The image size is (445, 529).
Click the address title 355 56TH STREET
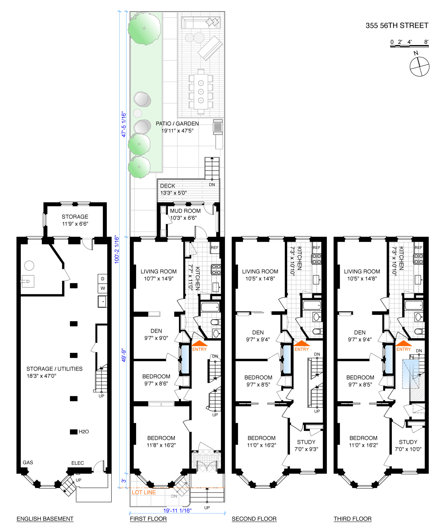pos(397,25)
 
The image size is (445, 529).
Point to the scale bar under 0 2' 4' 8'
pos(409,46)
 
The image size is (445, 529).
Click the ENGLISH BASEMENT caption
pos(45,519)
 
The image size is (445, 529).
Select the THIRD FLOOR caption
pos(352,519)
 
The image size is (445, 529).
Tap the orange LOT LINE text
pos(144,492)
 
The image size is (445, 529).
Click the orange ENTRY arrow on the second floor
pos(302,343)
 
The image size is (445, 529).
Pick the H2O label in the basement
pos(84,431)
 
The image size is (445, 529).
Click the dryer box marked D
pos(103,279)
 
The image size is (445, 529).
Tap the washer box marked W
pos(103,288)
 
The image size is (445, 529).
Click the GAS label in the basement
pos(28,462)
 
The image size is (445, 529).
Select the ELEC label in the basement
pos(78,463)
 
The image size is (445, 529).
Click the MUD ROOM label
pos(185,211)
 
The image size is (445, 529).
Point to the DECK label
pos(168,186)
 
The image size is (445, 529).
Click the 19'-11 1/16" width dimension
pos(177,510)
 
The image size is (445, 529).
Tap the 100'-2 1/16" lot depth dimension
pos(117,250)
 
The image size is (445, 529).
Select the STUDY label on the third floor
pos(408,442)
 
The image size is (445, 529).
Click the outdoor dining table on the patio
pos(201,92)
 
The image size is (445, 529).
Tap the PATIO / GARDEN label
pos(177,124)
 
